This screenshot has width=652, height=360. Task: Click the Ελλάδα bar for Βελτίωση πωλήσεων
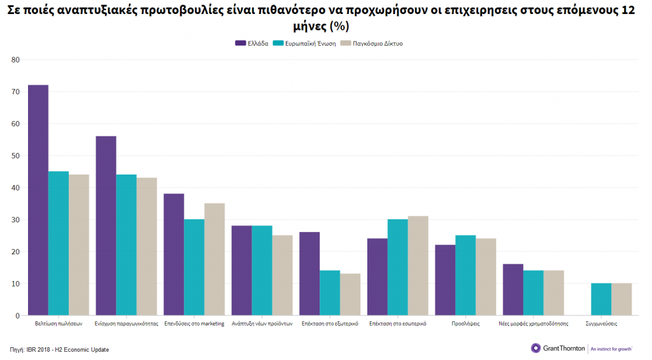click(38, 200)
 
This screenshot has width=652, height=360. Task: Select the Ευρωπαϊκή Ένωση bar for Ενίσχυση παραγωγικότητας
click(126, 245)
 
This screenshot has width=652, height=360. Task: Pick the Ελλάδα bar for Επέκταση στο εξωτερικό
click(309, 274)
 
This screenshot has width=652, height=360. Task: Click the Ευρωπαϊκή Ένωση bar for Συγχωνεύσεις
click(601, 299)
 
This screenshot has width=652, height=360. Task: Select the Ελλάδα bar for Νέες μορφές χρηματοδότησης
click(513, 290)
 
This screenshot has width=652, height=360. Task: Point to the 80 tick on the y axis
click(17, 60)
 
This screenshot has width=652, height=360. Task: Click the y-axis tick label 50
click(17, 155)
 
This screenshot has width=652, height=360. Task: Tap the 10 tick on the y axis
click(17, 284)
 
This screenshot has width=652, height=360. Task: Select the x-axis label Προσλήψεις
click(465, 324)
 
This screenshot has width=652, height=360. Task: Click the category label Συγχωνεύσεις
click(601, 324)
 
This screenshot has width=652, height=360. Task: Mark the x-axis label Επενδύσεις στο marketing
click(194, 324)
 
